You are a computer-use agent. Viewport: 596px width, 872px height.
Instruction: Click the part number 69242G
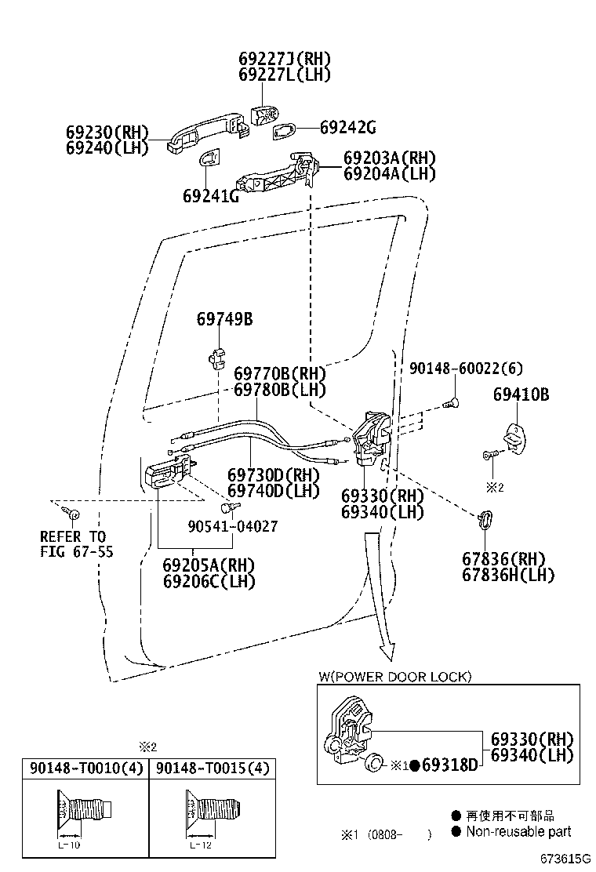(x=348, y=128)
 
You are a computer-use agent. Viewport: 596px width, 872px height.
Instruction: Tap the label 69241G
(x=211, y=195)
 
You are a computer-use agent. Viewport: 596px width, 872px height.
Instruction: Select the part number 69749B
(x=224, y=319)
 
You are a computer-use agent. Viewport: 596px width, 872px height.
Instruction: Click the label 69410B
(x=521, y=394)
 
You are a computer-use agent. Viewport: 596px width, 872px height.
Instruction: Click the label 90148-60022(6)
(x=465, y=369)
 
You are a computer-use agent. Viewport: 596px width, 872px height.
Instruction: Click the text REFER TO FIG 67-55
(x=76, y=544)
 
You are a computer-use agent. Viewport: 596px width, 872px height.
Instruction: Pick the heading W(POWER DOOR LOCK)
(x=394, y=676)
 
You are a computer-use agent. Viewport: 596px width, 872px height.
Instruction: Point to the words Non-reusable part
(x=518, y=831)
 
